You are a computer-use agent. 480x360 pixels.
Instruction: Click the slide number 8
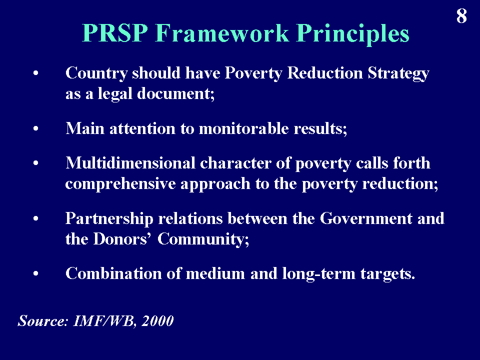461,16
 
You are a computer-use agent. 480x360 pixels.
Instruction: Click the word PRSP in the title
115,32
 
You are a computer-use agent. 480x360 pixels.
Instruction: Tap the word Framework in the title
222,32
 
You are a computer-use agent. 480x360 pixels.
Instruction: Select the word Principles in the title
352,34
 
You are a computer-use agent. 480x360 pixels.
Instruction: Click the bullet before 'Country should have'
36,73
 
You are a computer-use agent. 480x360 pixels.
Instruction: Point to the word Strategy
398,74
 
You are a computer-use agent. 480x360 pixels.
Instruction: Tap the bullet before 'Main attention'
36,129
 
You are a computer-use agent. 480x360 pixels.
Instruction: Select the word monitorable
243,128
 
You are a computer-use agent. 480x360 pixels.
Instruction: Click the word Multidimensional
130,163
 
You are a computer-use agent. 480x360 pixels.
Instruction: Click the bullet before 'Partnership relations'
36,218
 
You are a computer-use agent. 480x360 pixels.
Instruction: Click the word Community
203,239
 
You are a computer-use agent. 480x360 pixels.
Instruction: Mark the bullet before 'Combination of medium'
36,273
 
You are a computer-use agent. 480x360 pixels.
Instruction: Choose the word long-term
318,274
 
